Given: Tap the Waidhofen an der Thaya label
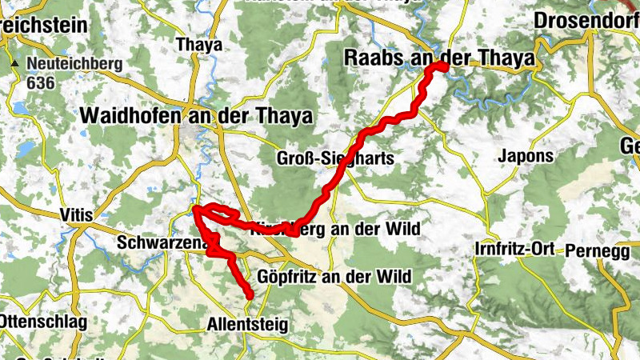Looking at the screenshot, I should click(195, 115).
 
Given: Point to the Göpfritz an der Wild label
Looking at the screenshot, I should click(335, 277).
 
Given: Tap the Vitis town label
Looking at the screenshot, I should click(77, 214).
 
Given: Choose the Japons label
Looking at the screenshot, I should click(525, 156).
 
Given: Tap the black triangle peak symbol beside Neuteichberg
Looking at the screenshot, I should click(14, 62).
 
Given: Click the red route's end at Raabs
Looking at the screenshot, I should click(441, 68).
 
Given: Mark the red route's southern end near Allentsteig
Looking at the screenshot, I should click(250, 296).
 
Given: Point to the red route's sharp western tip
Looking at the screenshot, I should click(194, 210).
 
